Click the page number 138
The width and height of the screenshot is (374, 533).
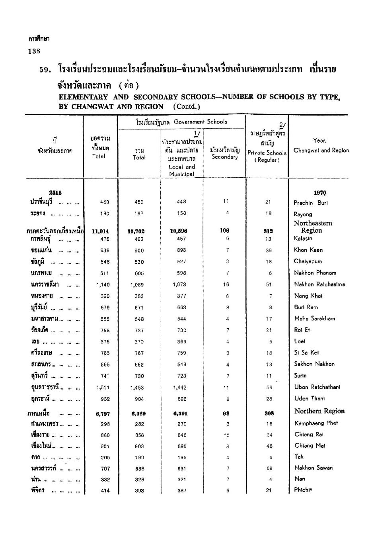pos(34,51)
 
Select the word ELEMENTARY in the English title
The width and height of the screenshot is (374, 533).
pos(83,97)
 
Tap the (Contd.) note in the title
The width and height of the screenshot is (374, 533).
pos(187,106)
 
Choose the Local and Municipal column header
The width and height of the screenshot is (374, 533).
pos(182,170)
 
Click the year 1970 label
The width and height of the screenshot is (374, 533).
pos(320,193)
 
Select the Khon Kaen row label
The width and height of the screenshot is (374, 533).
pos(308,250)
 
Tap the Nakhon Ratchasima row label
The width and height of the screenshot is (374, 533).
pos(319,284)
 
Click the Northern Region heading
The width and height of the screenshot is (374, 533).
pos(319,411)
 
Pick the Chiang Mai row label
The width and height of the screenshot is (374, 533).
pos(310,446)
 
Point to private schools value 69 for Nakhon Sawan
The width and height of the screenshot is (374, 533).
pos(269,468)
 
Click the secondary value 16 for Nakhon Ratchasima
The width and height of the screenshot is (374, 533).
pos(226,285)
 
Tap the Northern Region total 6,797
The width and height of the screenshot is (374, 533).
pos(103,413)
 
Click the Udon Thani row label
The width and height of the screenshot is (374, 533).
pos(310,398)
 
